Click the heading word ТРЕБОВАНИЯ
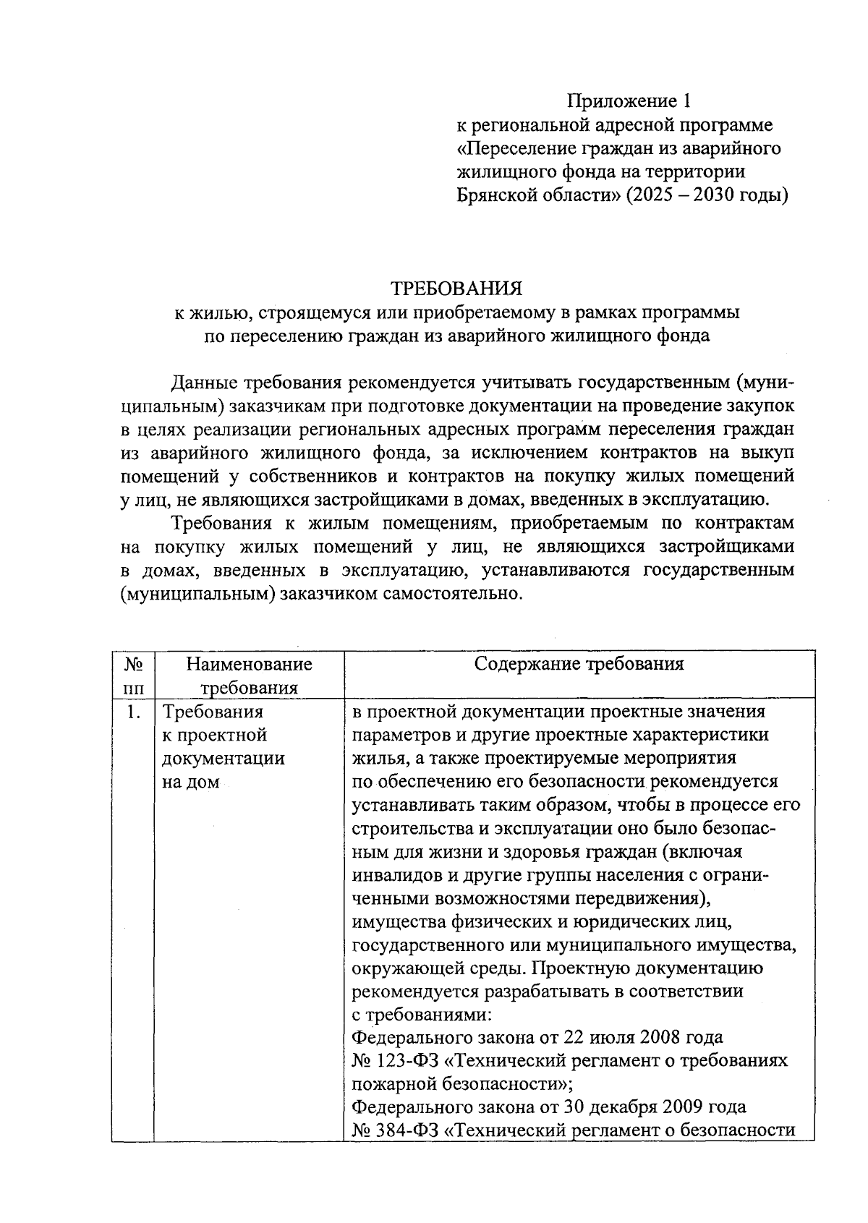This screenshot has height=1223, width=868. point(456,289)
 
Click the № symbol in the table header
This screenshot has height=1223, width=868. point(132,663)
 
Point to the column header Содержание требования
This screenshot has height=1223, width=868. point(579,663)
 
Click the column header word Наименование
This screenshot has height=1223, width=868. point(249,663)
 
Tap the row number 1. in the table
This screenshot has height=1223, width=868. point(132,712)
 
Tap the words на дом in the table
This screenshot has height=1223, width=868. point(190,783)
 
